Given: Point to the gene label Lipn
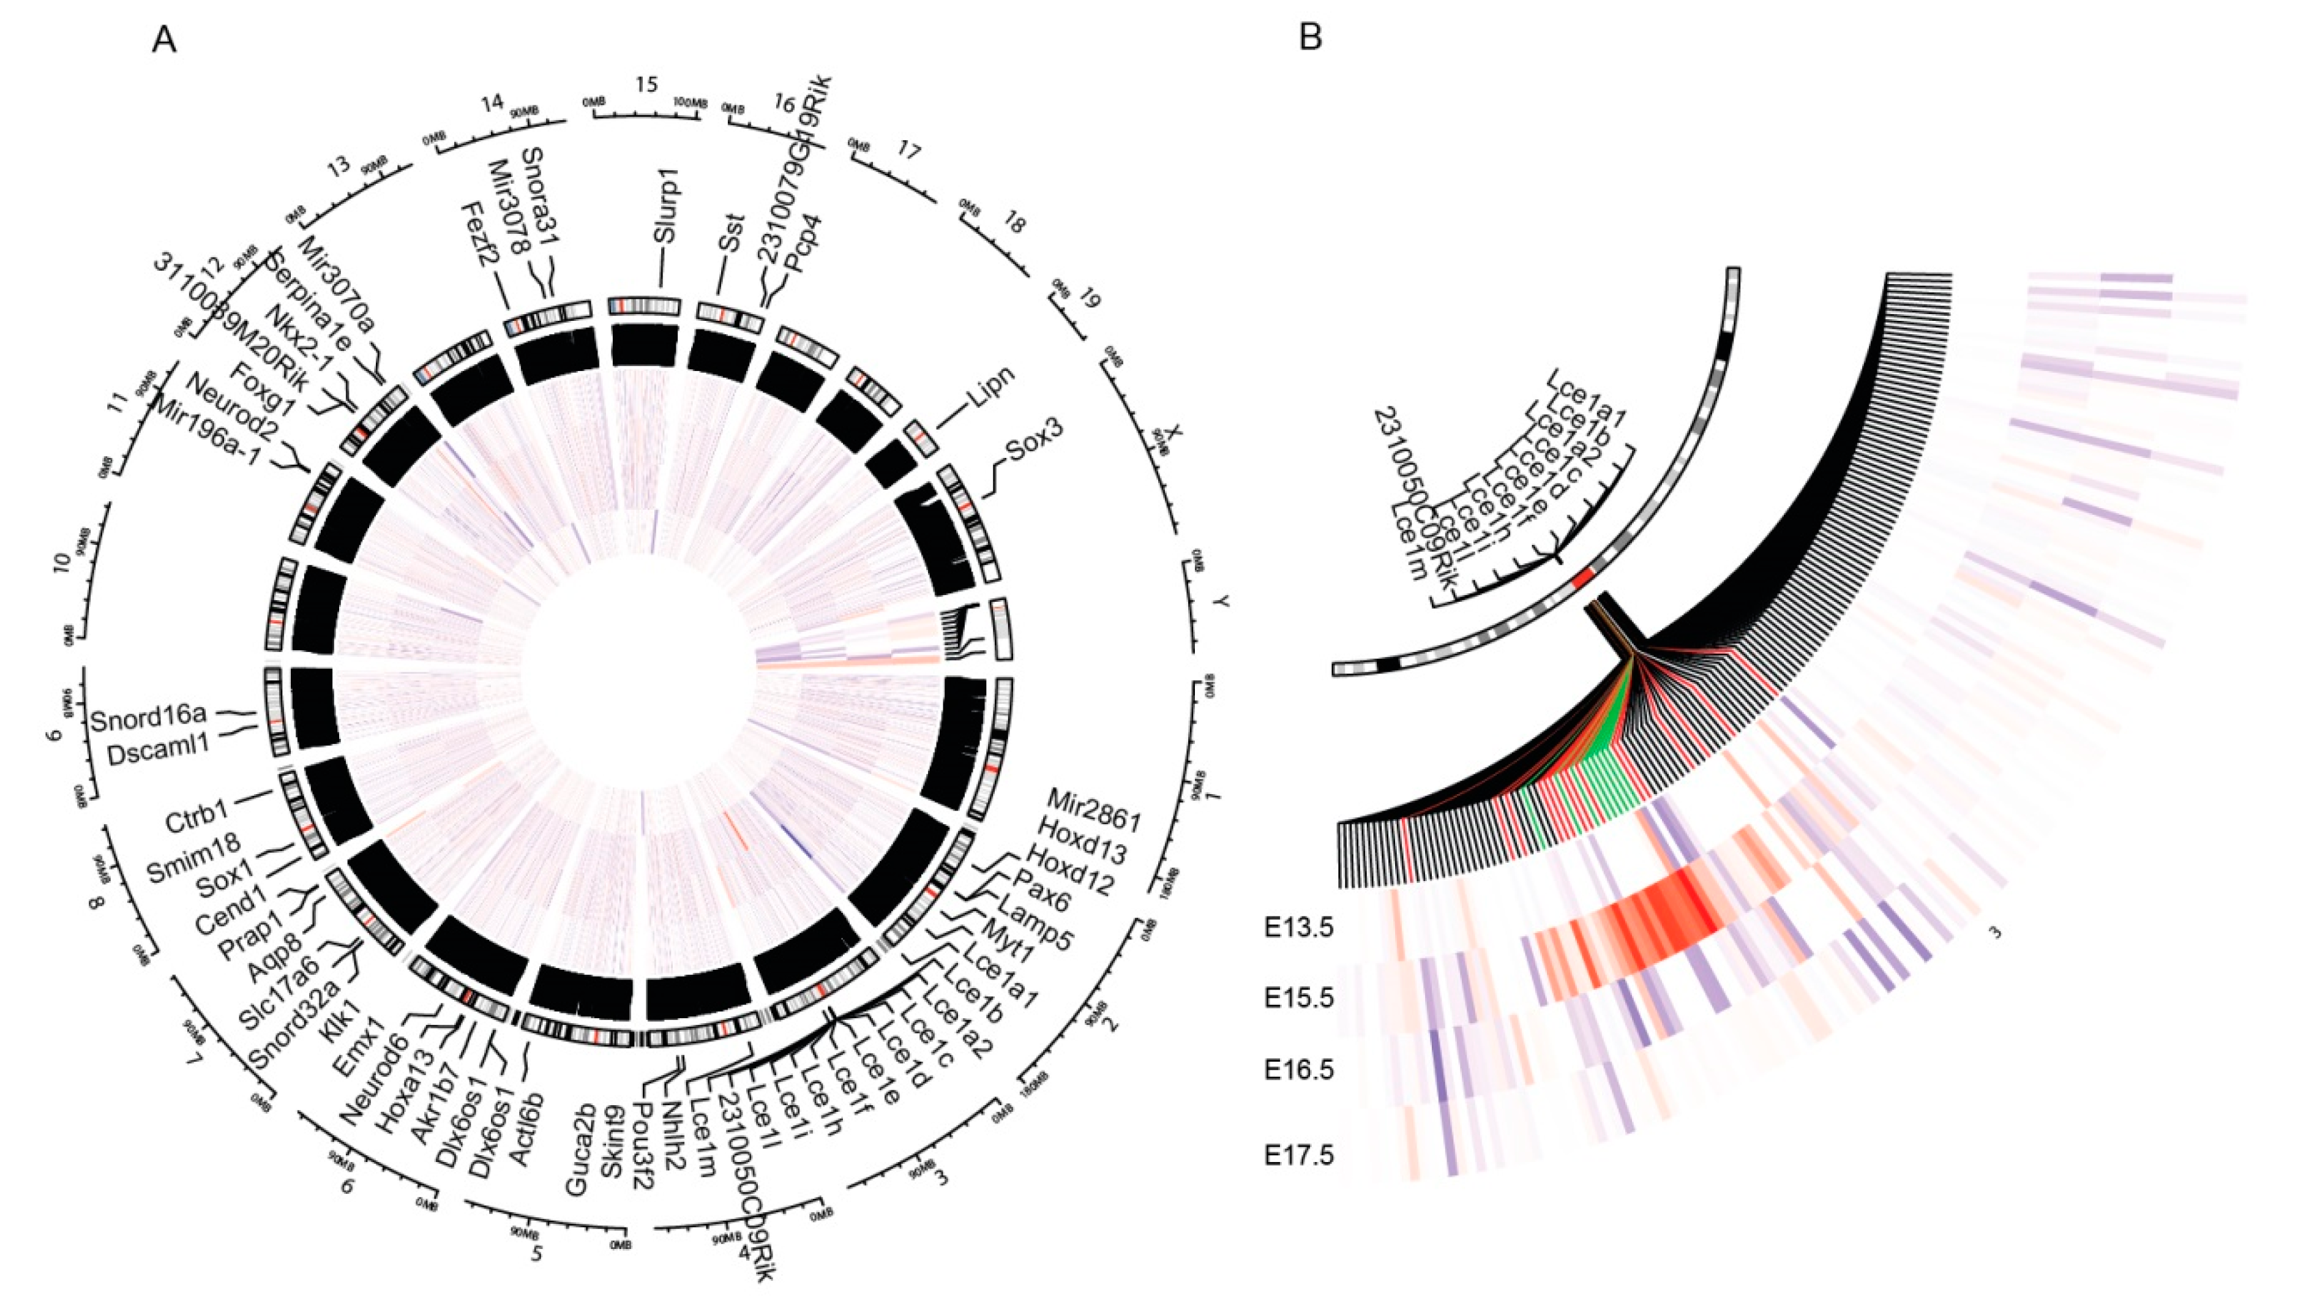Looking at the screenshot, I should point(989,388).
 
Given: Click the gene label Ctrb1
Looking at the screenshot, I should point(197,820).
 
